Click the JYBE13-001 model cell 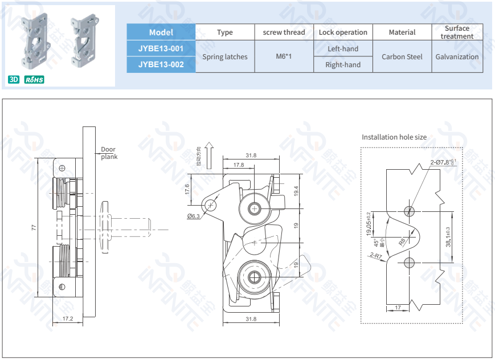[161, 48]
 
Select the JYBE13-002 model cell [161, 64]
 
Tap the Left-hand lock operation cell [343, 48]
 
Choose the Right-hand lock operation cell [343, 64]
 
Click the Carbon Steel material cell [402, 56]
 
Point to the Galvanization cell [457, 56]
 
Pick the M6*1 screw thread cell [284, 56]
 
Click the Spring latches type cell [225, 56]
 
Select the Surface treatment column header [457, 32]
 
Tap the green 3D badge [14, 80]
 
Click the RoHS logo [34, 80]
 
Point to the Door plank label [108, 153]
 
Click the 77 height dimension [34, 227]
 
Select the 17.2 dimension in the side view [67, 318]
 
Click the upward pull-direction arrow [209, 155]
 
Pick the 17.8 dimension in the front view [238, 165]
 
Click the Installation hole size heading [394, 137]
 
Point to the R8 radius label [402, 242]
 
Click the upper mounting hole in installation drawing [409, 211]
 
